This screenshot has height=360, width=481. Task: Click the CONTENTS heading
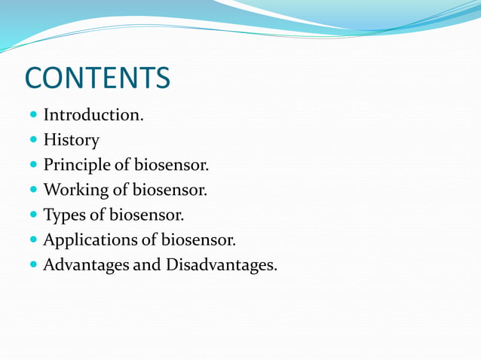pyautogui.click(x=97, y=78)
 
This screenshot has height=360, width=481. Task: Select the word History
pyautogui.click(x=71, y=140)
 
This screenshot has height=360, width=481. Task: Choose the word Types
pyautogui.click(x=63, y=215)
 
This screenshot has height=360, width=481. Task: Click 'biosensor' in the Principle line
pyautogui.click(x=172, y=165)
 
